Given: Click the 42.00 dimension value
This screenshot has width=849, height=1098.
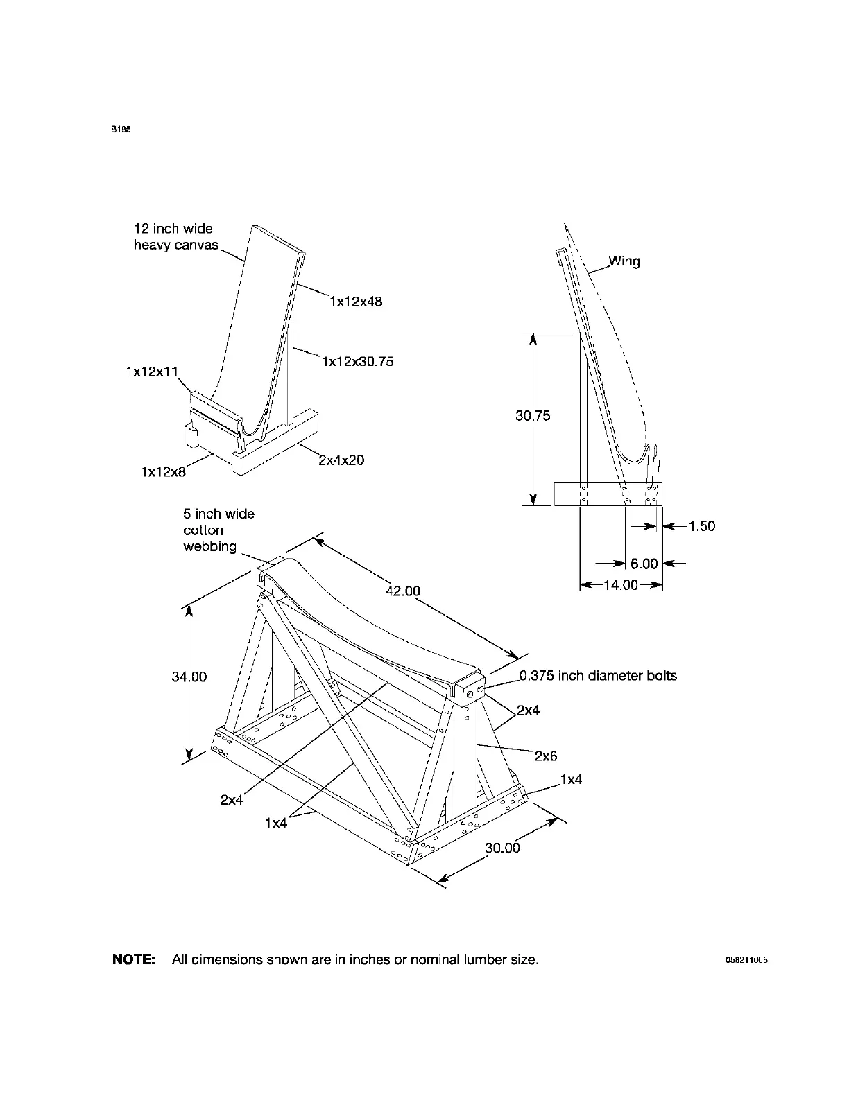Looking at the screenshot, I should click(403, 591).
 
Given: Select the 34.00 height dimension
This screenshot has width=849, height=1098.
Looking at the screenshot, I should click(189, 677).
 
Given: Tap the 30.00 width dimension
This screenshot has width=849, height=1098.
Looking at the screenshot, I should click(502, 847).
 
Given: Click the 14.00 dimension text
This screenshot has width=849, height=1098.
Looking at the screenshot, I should click(621, 585).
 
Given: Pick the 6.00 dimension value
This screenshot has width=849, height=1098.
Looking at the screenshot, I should click(644, 564).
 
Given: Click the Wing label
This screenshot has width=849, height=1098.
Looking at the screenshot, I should click(624, 261).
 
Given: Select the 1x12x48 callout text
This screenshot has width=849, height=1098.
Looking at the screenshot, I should click(356, 302).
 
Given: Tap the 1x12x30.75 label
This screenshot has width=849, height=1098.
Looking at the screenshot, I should click(358, 361).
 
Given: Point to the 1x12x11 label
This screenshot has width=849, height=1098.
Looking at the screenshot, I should click(152, 372).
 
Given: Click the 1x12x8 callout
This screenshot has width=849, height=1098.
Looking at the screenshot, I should click(163, 472).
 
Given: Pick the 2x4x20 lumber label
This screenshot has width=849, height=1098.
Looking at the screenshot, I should click(341, 460).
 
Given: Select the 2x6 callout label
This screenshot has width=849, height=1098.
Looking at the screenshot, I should click(546, 756).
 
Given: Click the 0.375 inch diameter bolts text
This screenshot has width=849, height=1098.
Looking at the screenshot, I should click(598, 675).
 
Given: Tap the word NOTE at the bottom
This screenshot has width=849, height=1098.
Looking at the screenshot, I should click(134, 960).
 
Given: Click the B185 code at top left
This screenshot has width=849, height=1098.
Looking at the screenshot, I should click(121, 130).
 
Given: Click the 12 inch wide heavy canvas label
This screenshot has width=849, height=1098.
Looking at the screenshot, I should click(175, 237).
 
